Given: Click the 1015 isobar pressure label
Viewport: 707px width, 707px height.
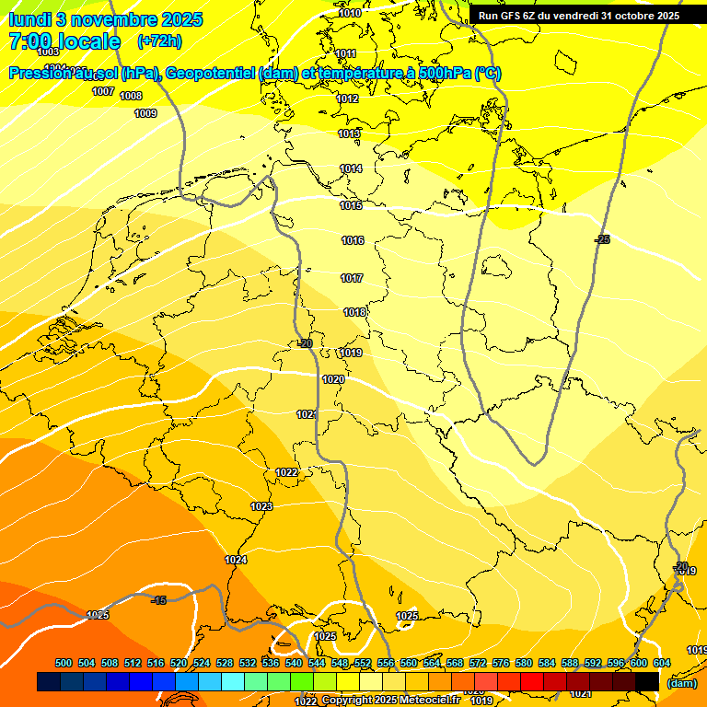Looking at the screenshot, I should point(351,205).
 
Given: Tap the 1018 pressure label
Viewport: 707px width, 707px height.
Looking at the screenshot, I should point(354,312).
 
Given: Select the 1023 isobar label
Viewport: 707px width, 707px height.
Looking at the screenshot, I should point(261,506).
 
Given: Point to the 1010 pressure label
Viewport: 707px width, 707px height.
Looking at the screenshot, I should point(350,14).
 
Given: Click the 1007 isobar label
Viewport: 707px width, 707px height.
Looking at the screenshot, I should point(103,91).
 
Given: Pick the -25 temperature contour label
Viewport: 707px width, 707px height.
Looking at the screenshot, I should point(602,239).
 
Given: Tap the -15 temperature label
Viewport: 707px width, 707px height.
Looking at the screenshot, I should point(158,600).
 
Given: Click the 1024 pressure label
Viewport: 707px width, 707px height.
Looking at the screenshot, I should point(236,560).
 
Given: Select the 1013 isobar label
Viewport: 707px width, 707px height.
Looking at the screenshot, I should point(349,133).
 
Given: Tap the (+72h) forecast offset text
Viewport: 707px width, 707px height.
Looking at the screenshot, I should point(159,41).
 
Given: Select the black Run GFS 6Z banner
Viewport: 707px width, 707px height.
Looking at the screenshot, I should point(578,16).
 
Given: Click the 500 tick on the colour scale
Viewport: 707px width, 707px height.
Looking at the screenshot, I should point(64,664).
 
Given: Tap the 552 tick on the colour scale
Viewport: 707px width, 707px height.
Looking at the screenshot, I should point(362,664).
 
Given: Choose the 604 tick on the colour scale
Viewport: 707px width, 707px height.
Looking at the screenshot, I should point(661,664).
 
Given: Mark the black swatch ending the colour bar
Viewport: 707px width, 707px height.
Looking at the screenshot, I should point(647,681).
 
